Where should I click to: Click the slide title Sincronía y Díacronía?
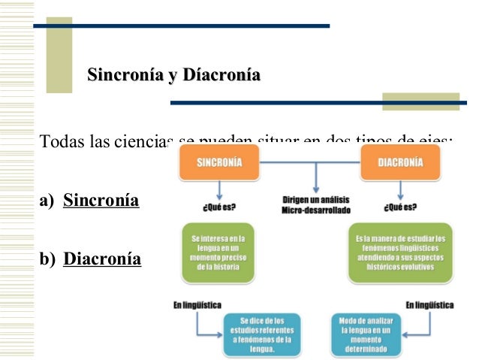click(173, 75)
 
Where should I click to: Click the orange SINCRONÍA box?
click(218, 162)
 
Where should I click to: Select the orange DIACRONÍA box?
click(399, 162)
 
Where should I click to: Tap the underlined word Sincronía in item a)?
click(101, 201)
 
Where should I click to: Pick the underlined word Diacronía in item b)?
click(102, 259)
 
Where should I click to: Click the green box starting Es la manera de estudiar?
click(399, 253)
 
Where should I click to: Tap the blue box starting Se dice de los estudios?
click(262, 333)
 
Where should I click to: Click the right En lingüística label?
click(429, 306)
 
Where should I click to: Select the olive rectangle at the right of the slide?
click(420, 101)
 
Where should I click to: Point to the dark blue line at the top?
click(180, 26)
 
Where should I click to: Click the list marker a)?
click(47, 201)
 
